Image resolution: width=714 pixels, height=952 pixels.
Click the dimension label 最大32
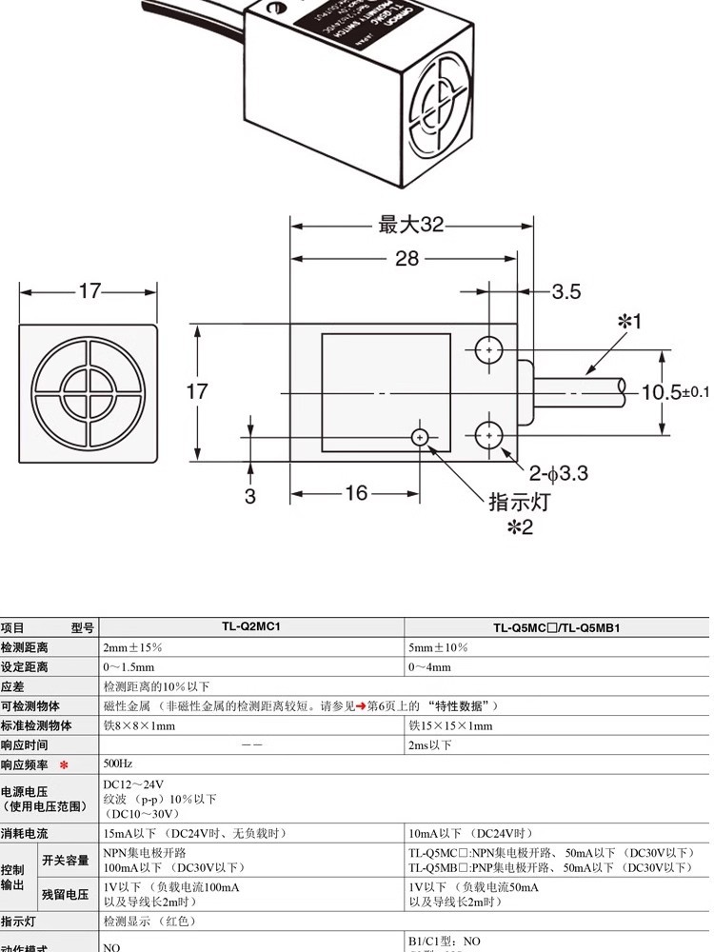(x=411, y=225)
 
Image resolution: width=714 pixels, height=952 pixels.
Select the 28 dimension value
(x=407, y=259)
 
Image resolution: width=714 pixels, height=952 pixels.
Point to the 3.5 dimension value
(x=565, y=291)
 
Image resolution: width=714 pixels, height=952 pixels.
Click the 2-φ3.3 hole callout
(x=559, y=471)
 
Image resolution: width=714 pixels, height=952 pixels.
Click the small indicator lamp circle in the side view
(x=420, y=437)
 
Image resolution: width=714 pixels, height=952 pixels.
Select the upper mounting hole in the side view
(x=489, y=351)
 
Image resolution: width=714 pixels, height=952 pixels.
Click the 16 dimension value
(x=356, y=493)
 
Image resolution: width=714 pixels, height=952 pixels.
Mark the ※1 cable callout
(x=629, y=322)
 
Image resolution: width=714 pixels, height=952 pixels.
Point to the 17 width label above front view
(x=89, y=291)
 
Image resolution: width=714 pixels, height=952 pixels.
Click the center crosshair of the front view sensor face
(x=89, y=391)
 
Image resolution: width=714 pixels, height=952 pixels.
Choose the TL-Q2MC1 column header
(x=252, y=628)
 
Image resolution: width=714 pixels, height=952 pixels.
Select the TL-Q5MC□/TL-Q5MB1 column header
(x=557, y=628)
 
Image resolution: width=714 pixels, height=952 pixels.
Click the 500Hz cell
(x=119, y=764)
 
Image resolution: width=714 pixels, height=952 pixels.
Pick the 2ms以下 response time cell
(x=430, y=744)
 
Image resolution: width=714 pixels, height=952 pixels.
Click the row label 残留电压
(x=65, y=894)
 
